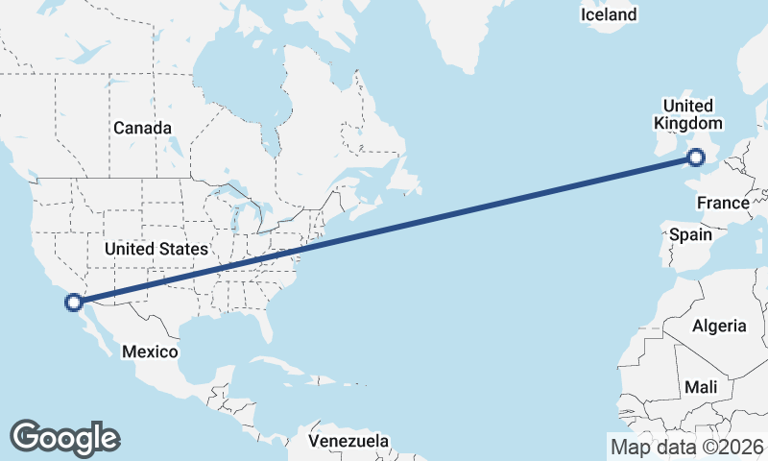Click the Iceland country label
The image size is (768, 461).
click(609, 14)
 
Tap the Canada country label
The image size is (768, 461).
click(142, 128)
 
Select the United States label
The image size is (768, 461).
click(156, 249)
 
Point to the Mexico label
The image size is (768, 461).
click(150, 352)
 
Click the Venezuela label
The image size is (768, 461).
click(348, 441)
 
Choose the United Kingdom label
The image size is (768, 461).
click(687, 114)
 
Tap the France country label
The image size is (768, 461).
click(722, 203)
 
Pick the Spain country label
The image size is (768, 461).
click(690, 234)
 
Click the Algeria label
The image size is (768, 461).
click(719, 326)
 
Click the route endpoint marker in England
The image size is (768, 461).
click(698, 158)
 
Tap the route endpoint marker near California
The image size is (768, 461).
click(73, 303)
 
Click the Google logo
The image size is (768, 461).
click(64, 437)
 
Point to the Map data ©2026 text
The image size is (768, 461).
click(686, 447)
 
